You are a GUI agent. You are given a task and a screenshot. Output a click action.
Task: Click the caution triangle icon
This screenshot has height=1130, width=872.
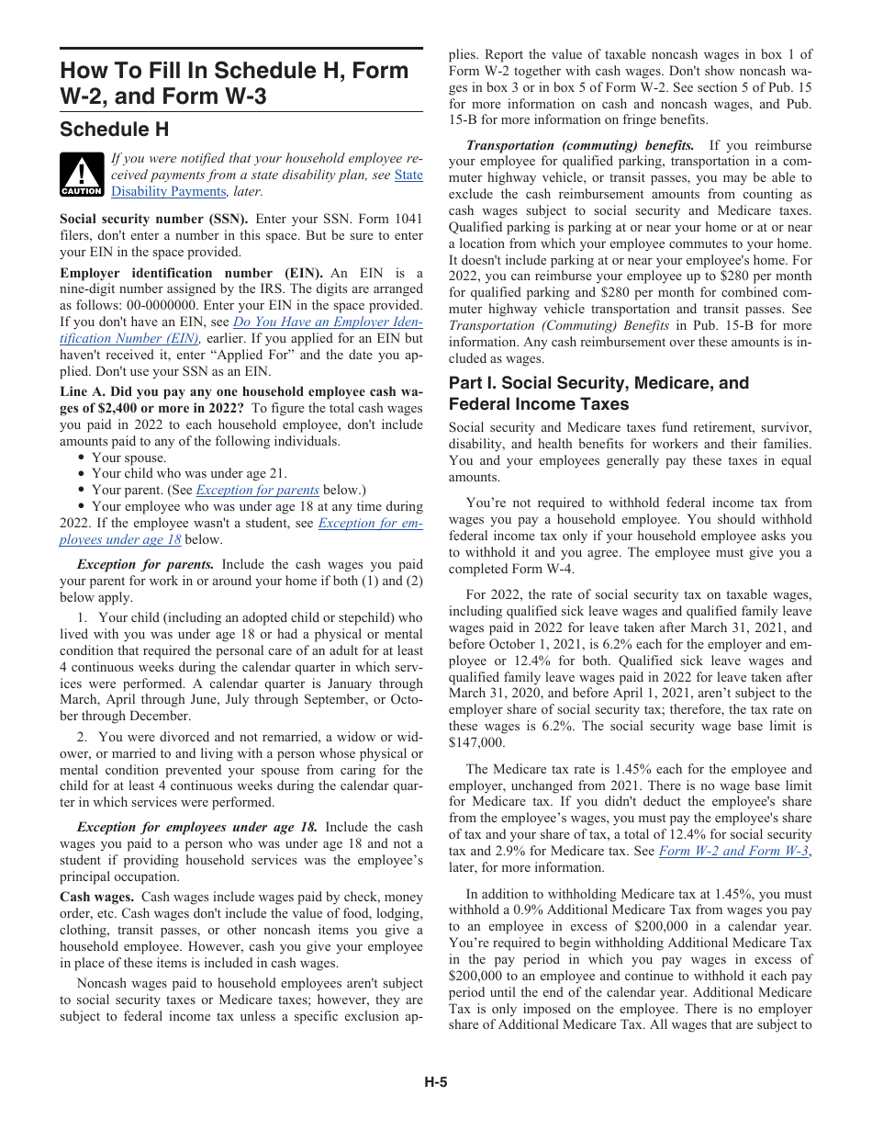coord(82,173)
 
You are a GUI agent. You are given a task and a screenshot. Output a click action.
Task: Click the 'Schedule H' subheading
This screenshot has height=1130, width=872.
coord(114,129)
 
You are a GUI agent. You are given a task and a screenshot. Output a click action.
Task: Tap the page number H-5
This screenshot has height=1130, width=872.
coord(435,1082)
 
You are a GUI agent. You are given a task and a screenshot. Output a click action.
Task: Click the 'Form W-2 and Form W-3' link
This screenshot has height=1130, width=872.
coord(733,851)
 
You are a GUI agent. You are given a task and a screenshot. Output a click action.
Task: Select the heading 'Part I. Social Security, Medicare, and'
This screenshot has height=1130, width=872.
coord(598,383)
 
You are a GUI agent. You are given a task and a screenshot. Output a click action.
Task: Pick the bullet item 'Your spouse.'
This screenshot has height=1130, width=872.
coord(129,458)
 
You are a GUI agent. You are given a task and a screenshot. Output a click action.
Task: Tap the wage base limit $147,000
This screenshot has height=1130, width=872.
coord(476,742)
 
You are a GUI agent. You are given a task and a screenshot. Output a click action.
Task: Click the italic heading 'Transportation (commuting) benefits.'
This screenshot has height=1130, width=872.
coord(579,145)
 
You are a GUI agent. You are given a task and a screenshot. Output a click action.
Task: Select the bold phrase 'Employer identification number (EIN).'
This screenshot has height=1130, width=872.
coord(191,274)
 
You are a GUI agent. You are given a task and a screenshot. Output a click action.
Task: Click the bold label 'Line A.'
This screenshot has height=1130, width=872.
coord(85,392)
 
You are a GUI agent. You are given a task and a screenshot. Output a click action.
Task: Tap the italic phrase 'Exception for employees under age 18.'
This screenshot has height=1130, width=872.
coord(197,828)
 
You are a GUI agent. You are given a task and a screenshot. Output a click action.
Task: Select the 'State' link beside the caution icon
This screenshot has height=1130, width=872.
coord(408,175)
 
